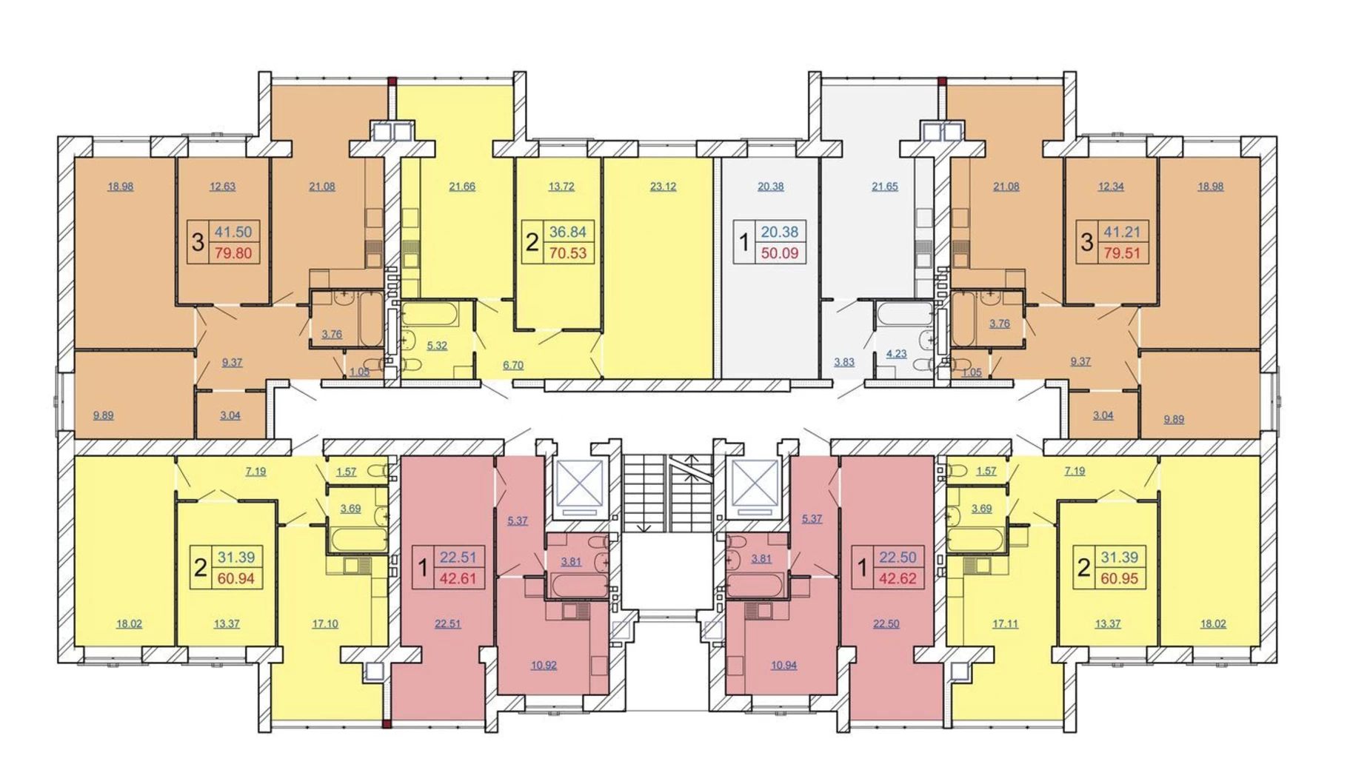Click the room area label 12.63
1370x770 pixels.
(x=222, y=187)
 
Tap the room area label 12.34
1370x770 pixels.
(x=1111, y=187)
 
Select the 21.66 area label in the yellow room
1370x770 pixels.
(x=462, y=187)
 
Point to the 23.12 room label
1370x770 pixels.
(x=663, y=187)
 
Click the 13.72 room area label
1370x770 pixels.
(x=561, y=187)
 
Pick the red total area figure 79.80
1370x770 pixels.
(x=233, y=253)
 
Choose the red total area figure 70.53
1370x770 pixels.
(x=567, y=253)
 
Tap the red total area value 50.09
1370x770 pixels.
(x=779, y=253)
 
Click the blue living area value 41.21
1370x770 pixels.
(x=1122, y=232)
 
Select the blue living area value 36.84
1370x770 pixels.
(x=567, y=232)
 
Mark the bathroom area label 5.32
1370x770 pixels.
(x=437, y=346)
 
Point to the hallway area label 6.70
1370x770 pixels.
(x=513, y=365)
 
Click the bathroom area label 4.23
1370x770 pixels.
(x=896, y=354)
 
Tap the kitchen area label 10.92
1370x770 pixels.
(x=544, y=665)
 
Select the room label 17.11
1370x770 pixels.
(x=1005, y=623)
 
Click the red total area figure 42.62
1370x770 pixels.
(x=898, y=579)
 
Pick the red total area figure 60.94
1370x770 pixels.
(x=236, y=579)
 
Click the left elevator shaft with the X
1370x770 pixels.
(x=579, y=483)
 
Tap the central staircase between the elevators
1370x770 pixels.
(x=667, y=493)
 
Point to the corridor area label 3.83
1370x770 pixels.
(x=844, y=362)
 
